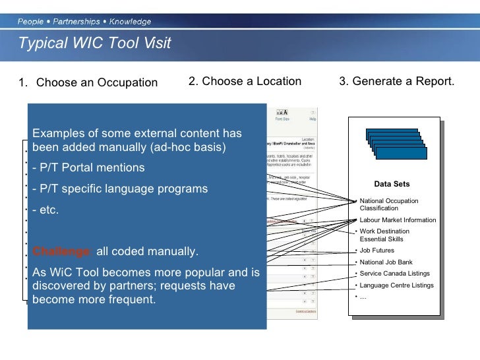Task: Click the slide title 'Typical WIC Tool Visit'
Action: coord(94,44)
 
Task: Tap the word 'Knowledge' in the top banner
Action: coord(130,22)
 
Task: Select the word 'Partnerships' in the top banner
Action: coord(76,22)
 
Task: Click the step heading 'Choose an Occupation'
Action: coord(97,82)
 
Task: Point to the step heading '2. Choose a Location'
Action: coord(245,81)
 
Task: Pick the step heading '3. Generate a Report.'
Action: coord(396,81)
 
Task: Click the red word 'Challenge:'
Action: coord(63,252)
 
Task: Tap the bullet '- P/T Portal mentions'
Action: coord(88,167)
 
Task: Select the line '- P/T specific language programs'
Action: coord(120,189)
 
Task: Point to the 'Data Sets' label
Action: coord(392,184)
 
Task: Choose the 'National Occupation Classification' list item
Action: coord(389,204)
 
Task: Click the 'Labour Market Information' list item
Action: coord(398,220)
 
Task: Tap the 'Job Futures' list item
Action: coord(377,251)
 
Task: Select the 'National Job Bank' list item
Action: coord(386,262)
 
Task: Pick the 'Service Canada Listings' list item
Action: coord(394,273)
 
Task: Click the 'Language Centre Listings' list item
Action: coord(396,285)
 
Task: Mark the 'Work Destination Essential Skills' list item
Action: coord(386,235)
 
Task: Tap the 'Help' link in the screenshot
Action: coord(313,119)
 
